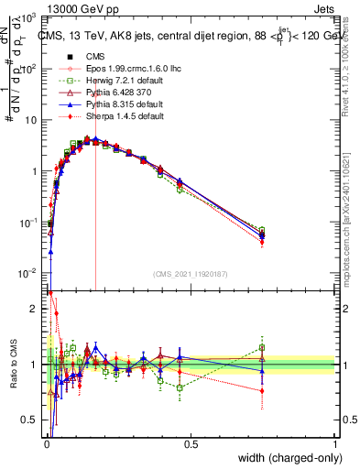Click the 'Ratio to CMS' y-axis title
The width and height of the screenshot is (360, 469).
(13, 365)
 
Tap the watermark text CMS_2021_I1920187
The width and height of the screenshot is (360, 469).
(190, 274)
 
